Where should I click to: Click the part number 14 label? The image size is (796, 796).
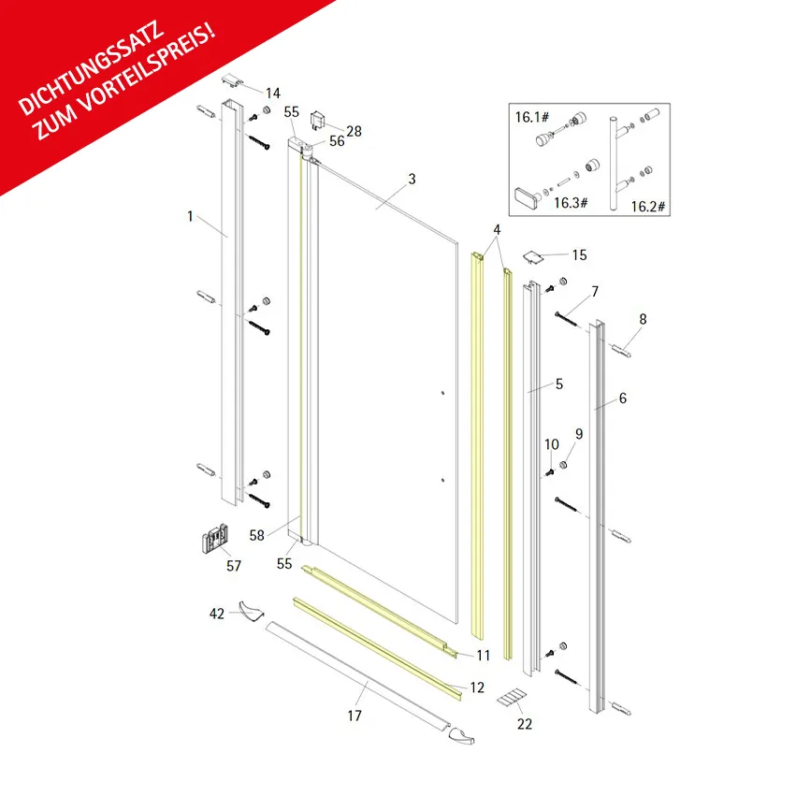273,94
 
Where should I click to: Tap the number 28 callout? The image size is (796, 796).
354,132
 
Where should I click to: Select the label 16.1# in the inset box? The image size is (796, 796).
532,117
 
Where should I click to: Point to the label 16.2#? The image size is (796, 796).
648,207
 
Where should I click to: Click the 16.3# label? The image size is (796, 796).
571,203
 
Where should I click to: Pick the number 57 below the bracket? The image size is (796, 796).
234,566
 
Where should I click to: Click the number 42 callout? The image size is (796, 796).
217,614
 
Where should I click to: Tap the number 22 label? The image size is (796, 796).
525,724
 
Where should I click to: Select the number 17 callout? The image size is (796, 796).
355,716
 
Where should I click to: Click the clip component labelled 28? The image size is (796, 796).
318,120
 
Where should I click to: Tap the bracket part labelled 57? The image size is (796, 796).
215,538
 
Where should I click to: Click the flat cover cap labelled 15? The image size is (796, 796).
533,257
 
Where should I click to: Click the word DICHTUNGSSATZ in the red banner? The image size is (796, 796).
92,68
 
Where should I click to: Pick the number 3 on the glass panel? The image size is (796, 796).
412,180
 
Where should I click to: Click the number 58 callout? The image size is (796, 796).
257,536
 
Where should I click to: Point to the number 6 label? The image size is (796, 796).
623,398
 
